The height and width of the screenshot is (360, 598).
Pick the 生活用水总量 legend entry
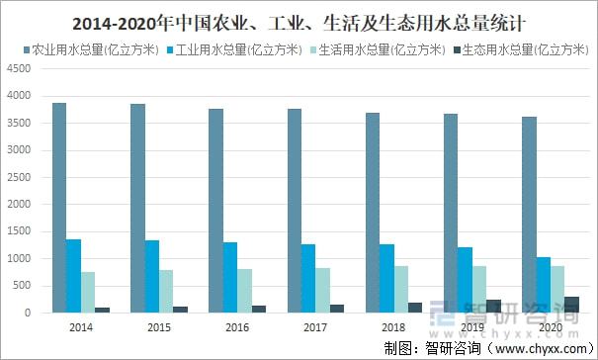(x=382, y=48)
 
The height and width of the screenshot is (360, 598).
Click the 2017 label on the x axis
(x=314, y=326)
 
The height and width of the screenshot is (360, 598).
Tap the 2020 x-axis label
(x=550, y=326)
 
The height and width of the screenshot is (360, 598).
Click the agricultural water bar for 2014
(x=59, y=208)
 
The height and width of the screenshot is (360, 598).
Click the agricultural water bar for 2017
(x=294, y=211)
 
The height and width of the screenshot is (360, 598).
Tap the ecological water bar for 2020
(x=571, y=305)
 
